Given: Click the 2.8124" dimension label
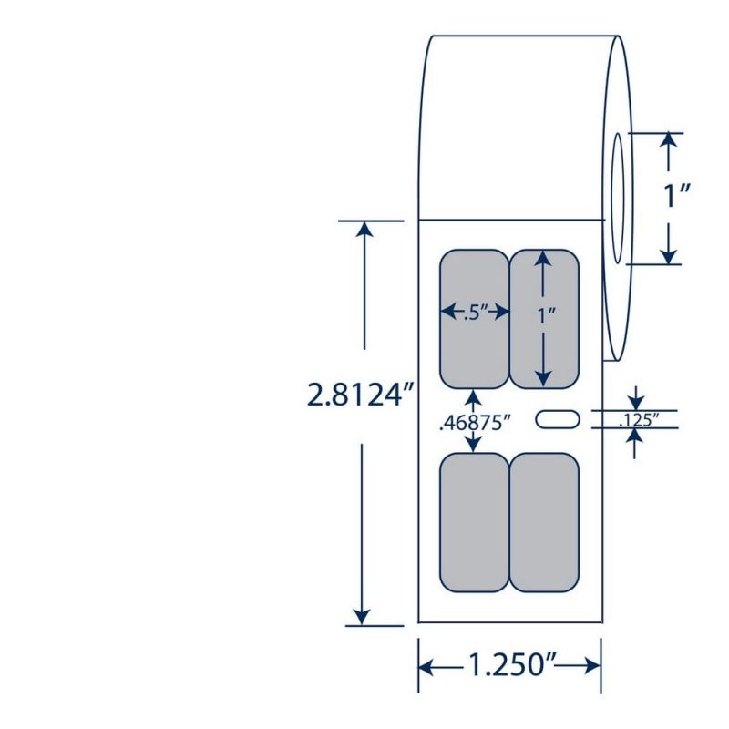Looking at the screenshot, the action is [360, 395].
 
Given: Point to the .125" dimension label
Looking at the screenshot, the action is [639, 420].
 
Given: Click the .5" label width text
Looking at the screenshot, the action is [475, 314].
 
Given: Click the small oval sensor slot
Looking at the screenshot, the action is [558, 419].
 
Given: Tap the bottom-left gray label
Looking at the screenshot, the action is [474, 522].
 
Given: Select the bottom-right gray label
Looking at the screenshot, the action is [544, 522].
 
